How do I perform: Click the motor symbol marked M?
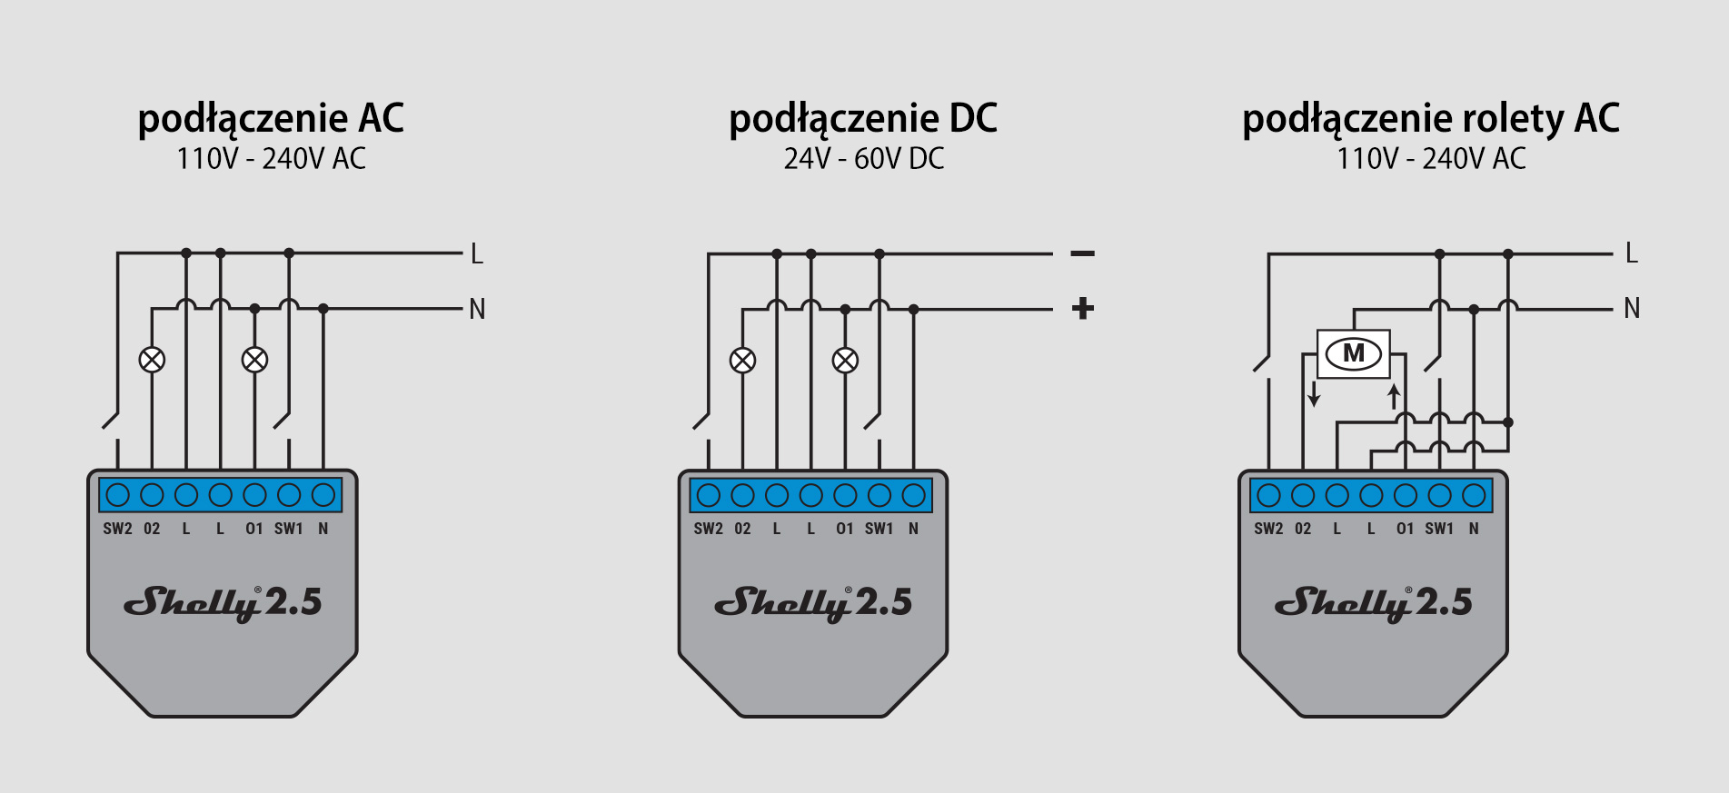pos(1354,353)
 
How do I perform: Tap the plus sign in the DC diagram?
pos(1083,309)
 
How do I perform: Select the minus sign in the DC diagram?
pos(1083,253)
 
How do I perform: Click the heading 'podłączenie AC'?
pos(271,119)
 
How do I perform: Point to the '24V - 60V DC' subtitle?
pos(864,159)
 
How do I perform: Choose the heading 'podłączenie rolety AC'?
pos(1431,119)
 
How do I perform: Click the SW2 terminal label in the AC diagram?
pos(118,529)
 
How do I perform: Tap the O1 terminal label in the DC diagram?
pos(845,529)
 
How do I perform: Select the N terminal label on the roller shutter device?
pos(1474,529)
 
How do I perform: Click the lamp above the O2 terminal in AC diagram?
pos(152,360)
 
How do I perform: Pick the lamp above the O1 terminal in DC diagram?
pos(845,361)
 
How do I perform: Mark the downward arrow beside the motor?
pos(1314,393)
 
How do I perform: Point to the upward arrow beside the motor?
pos(1394,396)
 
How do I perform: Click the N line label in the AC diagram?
pos(478,310)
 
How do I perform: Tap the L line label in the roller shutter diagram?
pos(1632,253)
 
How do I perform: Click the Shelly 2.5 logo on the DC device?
pos(813,603)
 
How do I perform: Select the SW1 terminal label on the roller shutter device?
pos(1439,529)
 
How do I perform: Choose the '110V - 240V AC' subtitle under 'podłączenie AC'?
pos(271,159)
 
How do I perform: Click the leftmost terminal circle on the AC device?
pos(118,495)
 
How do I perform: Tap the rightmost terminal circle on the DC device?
pos(913,495)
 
